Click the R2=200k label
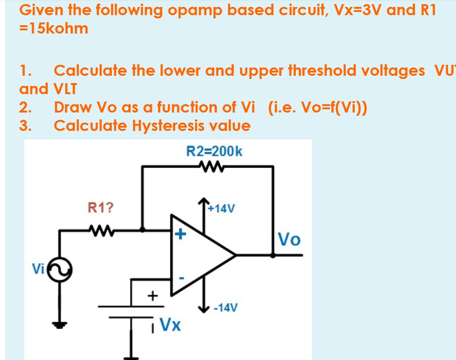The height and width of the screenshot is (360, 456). (x=214, y=151)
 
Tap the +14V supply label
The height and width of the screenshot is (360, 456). (x=221, y=209)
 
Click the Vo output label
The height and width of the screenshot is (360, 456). (x=290, y=239)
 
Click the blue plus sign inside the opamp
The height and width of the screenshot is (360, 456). (x=180, y=235)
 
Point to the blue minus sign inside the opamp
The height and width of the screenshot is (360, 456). (x=181, y=278)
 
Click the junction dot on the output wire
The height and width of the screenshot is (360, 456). (x=273, y=256)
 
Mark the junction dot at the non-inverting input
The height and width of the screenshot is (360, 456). (x=143, y=229)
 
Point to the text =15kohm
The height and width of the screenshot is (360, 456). (x=54, y=28)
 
